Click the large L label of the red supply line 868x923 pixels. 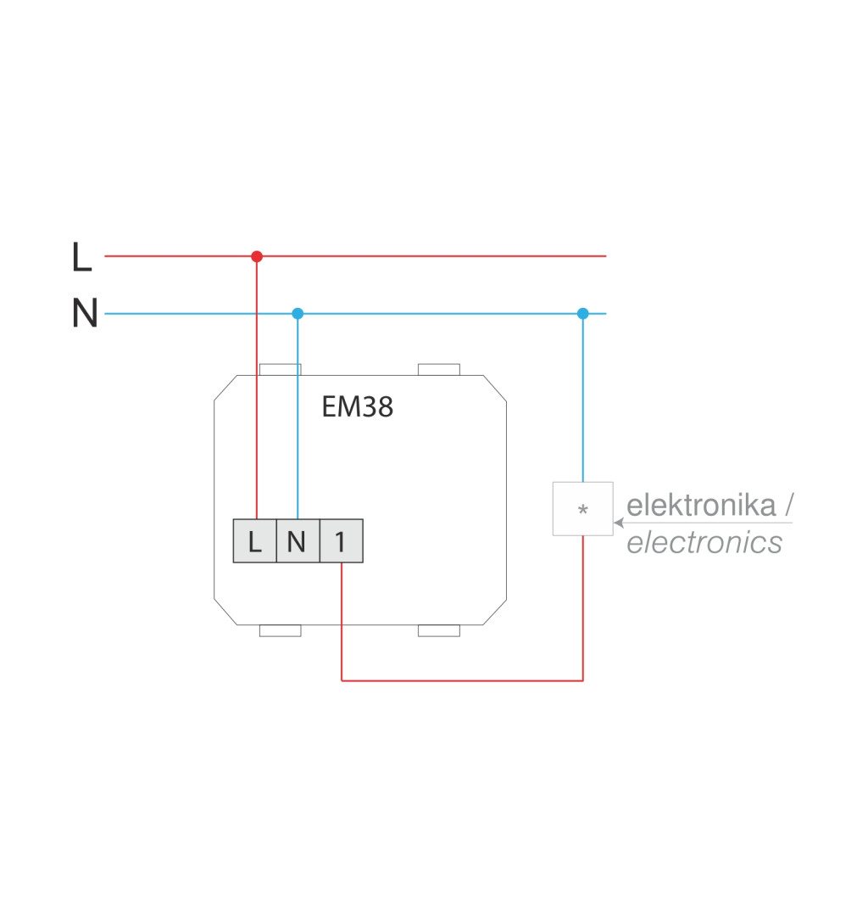point(81,257)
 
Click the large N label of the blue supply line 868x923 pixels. point(85,314)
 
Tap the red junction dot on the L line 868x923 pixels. point(257,256)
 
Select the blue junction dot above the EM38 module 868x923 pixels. point(298,313)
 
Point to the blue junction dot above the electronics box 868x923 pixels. point(582,313)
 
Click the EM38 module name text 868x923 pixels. point(357,408)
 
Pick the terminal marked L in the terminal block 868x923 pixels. point(255,541)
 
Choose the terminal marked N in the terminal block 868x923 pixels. point(298,541)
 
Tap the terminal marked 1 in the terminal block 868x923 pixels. point(341,541)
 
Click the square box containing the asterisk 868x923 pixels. point(582,509)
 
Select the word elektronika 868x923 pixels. point(701,506)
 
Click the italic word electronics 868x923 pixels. point(704,543)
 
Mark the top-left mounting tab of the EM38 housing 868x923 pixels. point(280,370)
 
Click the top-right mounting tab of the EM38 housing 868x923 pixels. point(439,370)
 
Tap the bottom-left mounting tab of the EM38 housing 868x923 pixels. point(280,630)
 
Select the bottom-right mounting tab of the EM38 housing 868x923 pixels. point(439,630)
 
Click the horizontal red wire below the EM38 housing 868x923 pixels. point(462,680)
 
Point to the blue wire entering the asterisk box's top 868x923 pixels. point(582,399)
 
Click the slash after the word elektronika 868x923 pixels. point(788,506)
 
